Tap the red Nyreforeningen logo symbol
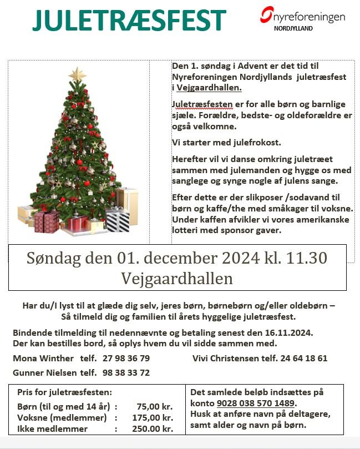pyautogui.click(x=267, y=14)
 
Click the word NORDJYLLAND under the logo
pyautogui.click(x=293, y=28)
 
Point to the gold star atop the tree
pyautogui.click(x=77, y=74)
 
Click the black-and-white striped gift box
pyautogui.click(x=117, y=220)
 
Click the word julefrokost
pyautogui.click(x=254, y=143)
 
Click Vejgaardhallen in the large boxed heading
pyautogui.click(x=178, y=278)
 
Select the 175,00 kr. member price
pyautogui.click(x=152, y=417)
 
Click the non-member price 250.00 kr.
pyautogui.click(x=152, y=428)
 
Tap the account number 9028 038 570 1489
pyautogui.click(x=256, y=403)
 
